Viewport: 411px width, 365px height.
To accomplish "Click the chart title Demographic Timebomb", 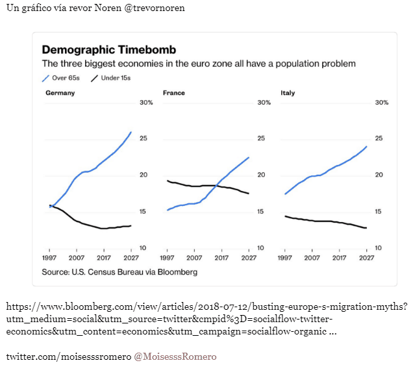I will point(108,50).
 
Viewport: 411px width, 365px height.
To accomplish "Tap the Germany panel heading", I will point(60,93).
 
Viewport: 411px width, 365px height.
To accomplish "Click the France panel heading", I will point(173,93).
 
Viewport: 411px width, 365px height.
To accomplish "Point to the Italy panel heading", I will point(288,93).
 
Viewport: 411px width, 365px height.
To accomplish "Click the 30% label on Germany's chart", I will point(146,103).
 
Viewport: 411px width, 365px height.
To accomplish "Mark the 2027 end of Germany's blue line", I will point(131,132).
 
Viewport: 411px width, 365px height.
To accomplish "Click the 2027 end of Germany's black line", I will point(131,226).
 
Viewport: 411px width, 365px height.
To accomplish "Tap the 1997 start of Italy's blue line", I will point(285,194).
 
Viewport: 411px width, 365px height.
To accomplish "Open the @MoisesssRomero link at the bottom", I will point(175,357).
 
